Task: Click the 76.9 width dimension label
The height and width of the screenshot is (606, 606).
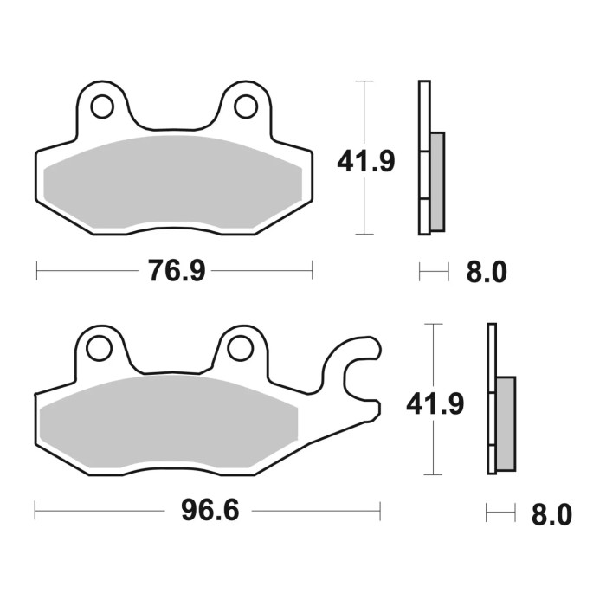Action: (x=177, y=272)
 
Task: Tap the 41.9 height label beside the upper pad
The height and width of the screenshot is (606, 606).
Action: (x=365, y=161)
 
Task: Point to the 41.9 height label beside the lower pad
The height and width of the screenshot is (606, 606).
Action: (x=435, y=403)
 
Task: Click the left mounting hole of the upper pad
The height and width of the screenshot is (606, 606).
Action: (x=102, y=106)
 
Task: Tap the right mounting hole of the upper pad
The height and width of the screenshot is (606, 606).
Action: (x=246, y=106)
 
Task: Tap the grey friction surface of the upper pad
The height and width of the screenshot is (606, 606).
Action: (x=173, y=182)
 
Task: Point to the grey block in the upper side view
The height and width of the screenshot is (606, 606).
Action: (x=437, y=181)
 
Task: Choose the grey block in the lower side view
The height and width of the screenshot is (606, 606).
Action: (x=506, y=423)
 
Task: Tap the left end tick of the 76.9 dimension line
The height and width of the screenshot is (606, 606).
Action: (x=36, y=272)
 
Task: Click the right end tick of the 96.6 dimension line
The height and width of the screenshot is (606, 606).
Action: (x=379, y=511)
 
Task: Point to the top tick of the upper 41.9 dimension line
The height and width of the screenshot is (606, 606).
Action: (x=365, y=81)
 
